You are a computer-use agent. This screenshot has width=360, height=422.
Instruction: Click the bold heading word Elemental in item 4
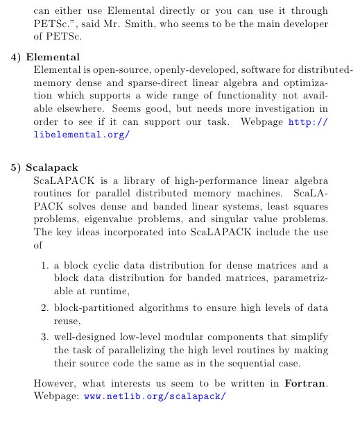53,56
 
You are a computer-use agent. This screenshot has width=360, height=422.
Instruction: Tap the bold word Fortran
306,382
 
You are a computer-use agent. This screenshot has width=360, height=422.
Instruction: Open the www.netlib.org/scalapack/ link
155,396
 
